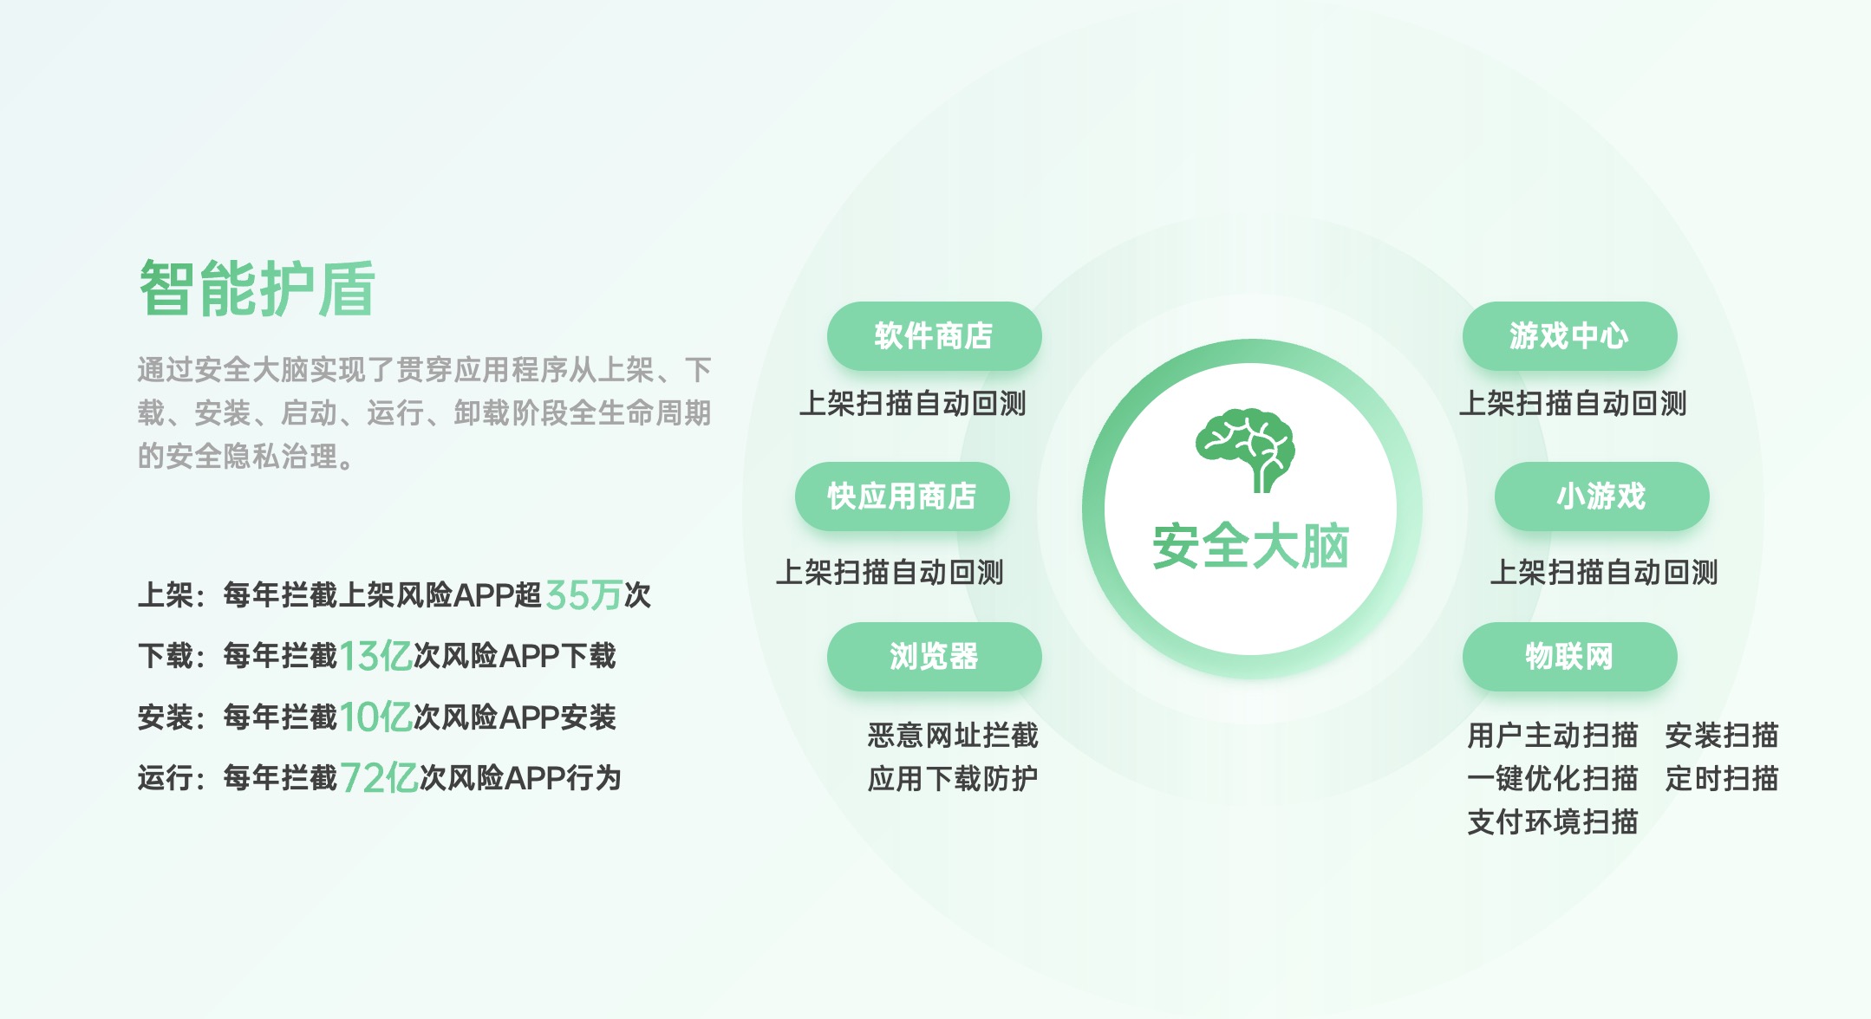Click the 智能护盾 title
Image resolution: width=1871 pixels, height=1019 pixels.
257,289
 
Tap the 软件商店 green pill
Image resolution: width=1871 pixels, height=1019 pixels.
934,336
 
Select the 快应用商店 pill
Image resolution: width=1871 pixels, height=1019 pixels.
902,497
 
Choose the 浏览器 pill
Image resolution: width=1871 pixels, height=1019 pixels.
934,657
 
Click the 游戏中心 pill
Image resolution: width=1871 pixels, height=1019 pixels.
1569,336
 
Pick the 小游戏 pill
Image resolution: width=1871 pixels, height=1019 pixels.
1601,497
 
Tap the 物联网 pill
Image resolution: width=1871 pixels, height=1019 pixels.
1569,657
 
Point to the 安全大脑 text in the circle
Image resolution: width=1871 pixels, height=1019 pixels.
1250,547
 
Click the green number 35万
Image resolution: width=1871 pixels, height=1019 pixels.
583,595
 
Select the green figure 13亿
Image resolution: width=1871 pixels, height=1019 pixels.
375,656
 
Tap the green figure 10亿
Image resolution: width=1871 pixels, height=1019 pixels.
375,717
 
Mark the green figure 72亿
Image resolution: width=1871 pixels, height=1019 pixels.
379,778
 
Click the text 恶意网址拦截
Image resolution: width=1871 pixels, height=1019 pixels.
953,736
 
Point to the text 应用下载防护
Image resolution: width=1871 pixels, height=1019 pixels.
953,779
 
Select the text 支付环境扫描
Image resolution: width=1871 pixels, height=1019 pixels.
1552,821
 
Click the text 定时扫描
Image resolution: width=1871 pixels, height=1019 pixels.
1721,779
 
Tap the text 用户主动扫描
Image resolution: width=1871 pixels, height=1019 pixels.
1552,736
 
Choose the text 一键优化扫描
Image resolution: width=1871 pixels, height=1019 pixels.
1552,779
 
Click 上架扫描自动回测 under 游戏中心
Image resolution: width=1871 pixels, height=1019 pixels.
1572,404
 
